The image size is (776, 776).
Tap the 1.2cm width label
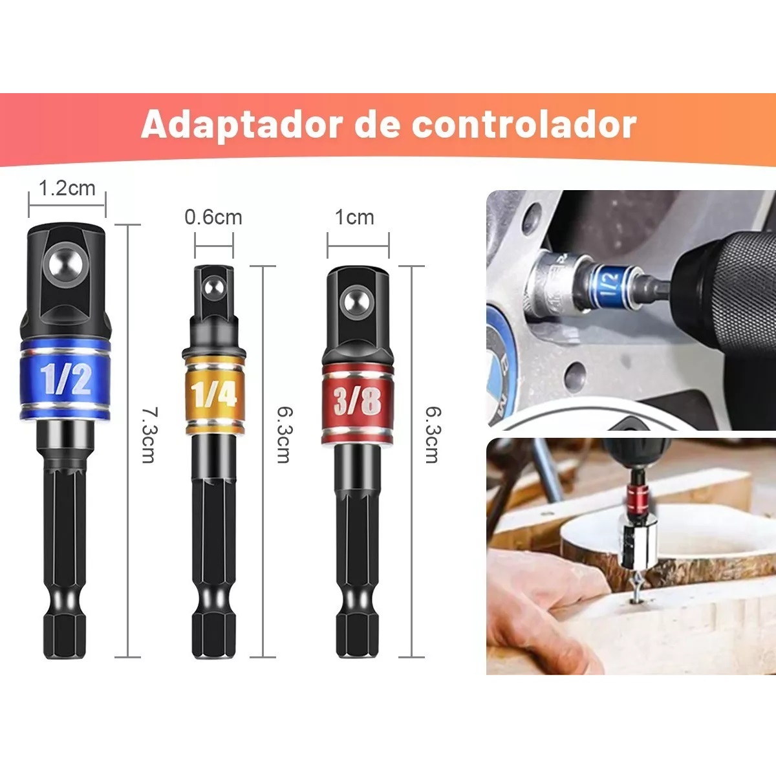click(67, 188)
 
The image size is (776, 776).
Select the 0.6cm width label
click(213, 217)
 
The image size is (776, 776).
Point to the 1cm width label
click(354, 217)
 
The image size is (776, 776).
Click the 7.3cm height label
click(149, 434)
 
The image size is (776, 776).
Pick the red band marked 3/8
click(358, 402)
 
